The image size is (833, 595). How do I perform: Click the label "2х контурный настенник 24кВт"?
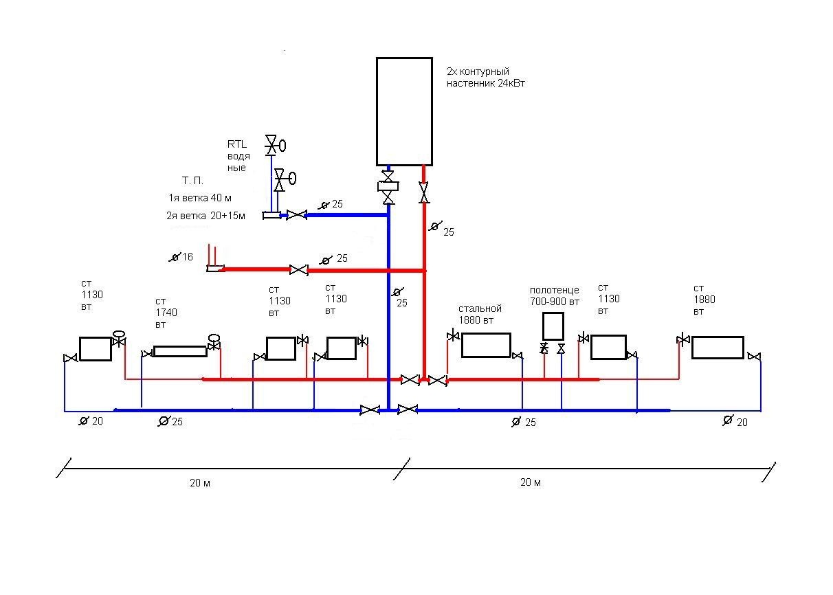pos(486,78)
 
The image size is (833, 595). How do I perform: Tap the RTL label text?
pos(237,144)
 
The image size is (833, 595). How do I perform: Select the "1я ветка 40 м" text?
pos(200,198)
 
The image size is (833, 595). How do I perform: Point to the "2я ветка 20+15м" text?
pos(206,216)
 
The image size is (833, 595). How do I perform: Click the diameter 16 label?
pos(181,257)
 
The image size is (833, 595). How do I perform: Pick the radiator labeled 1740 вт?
pos(180,352)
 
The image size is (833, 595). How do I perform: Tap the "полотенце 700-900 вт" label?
pos(555,296)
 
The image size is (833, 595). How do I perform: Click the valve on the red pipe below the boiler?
pos(423,192)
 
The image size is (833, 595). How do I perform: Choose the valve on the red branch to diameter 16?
pos(298,270)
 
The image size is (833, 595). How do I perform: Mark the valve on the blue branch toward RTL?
pos(297,215)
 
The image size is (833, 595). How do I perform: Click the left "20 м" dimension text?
pos(200,483)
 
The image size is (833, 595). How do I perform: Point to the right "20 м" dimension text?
pos(531,482)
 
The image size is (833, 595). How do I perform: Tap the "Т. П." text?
pos(192,181)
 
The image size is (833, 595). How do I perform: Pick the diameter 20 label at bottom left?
pos(91,421)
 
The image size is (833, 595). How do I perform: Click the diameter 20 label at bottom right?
pos(735,421)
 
